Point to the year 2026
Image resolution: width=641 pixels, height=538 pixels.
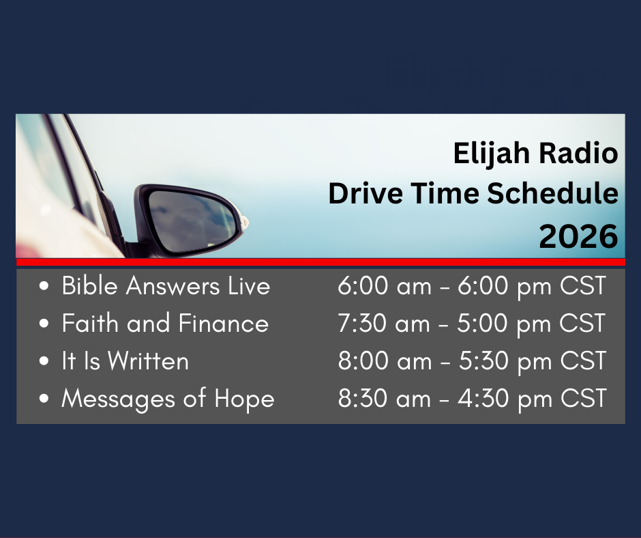click(578, 236)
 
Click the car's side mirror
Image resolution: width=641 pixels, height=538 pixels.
click(190, 221)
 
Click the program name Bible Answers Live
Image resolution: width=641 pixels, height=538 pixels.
click(166, 285)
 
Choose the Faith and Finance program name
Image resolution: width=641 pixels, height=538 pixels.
click(165, 323)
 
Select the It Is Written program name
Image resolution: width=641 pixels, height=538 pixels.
click(125, 360)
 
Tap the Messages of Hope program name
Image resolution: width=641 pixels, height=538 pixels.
click(168, 399)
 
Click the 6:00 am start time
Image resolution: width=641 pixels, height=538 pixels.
click(385, 285)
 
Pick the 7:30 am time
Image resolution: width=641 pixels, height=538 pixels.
click(384, 323)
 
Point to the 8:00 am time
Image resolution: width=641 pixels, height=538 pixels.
click(385, 360)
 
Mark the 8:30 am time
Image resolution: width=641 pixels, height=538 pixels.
click(385, 399)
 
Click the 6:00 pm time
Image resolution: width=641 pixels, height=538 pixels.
click(505, 286)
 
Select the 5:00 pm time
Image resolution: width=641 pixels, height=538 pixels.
click(504, 324)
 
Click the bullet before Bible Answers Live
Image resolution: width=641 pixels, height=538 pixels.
click(44, 286)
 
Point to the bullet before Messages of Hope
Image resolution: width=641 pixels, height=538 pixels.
click(44, 399)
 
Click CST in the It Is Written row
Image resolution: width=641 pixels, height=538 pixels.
click(583, 360)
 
